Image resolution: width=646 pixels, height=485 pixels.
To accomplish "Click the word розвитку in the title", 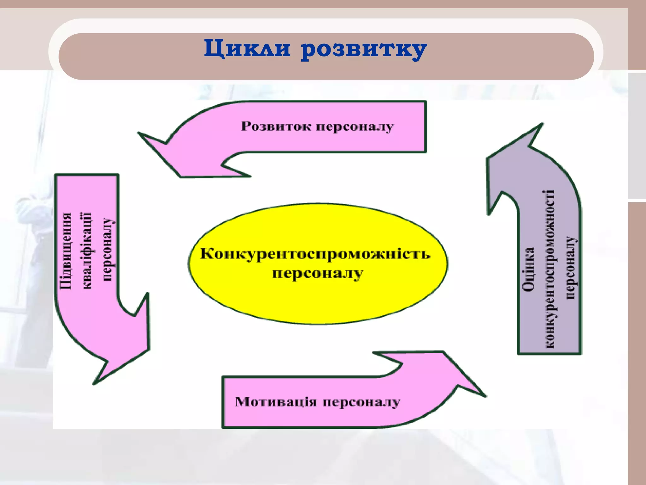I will (x=363, y=50).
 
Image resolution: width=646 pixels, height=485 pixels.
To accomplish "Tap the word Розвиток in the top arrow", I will (x=276, y=126).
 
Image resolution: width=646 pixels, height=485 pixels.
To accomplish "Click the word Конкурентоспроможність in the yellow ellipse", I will (x=315, y=254).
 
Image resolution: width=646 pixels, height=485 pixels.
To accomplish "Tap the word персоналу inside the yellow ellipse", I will (x=317, y=273).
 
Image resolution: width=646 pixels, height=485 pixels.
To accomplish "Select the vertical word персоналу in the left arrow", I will (x=107, y=249).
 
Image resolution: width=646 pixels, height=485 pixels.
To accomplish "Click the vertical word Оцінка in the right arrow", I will (x=528, y=269).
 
